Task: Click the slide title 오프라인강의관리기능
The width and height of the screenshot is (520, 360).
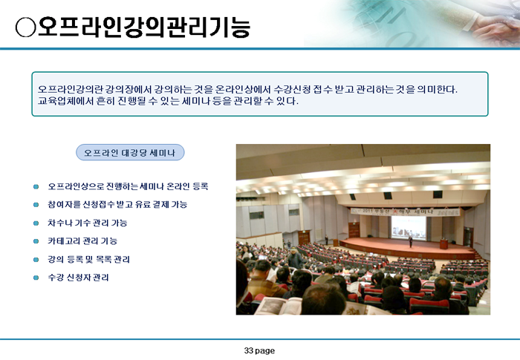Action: click(143, 27)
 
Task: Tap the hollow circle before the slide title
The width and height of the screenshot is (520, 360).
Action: click(25, 27)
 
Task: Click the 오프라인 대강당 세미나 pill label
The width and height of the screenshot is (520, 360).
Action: click(130, 152)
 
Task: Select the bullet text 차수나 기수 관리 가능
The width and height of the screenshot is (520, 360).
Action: click(88, 223)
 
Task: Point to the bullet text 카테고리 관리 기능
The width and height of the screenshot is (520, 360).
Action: click(82, 241)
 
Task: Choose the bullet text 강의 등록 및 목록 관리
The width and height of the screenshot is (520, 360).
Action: click(88, 259)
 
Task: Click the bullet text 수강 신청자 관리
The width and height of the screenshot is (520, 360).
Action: click(78, 278)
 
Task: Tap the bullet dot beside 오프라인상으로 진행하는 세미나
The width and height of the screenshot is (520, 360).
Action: click(36, 186)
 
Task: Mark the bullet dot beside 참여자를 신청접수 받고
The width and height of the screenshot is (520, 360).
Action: click(36, 205)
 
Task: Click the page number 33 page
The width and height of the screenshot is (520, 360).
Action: click(259, 350)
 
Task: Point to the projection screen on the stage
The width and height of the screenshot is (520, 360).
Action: click(409, 227)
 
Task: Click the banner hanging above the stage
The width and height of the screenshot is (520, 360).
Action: click(406, 212)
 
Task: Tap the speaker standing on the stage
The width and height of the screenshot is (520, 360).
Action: click(411, 241)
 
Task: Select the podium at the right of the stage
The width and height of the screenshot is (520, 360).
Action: click(443, 244)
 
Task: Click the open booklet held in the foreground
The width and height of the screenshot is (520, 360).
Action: click(278, 306)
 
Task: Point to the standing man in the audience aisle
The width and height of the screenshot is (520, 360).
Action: click(294, 258)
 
